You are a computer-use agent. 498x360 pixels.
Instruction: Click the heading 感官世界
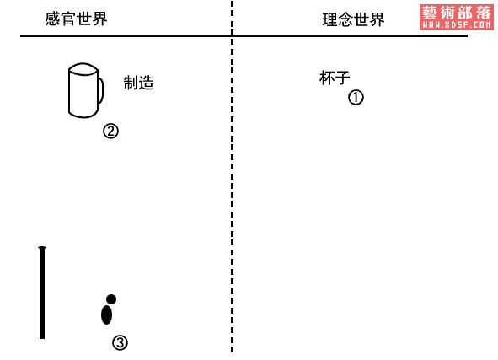pyautogui.click(x=76, y=19)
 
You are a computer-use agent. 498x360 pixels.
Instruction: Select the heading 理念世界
pyautogui.click(x=354, y=19)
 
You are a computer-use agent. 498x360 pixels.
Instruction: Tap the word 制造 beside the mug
pyautogui.click(x=139, y=83)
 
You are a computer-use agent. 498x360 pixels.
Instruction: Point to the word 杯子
pyautogui.click(x=335, y=78)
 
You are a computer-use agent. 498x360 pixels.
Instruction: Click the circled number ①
pyautogui.click(x=356, y=98)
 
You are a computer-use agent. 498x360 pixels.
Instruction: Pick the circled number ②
pyautogui.click(x=110, y=131)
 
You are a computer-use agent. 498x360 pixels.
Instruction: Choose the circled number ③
pyautogui.click(x=120, y=343)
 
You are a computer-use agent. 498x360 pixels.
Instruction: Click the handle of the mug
pyautogui.click(x=102, y=90)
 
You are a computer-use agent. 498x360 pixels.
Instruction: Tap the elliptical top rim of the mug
pyautogui.click(x=83, y=69)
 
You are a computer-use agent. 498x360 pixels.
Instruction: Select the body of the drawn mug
pyautogui.click(x=83, y=95)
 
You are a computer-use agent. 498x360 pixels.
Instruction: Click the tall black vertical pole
pyautogui.click(x=42, y=293)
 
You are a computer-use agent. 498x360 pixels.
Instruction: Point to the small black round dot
pyautogui.click(x=111, y=299)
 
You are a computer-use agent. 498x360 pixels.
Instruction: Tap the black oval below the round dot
pyautogui.click(x=106, y=314)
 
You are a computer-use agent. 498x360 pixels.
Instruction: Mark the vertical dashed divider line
pyautogui.click(x=233, y=177)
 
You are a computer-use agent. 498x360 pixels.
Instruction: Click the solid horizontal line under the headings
pyautogui.click(x=244, y=36)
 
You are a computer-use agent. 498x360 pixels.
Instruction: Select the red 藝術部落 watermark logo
pyautogui.click(x=457, y=18)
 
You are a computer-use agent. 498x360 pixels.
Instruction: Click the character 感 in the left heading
pyautogui.click(x=53, y=19)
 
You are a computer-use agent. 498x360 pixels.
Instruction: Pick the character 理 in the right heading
pyautogui.click(x=330, y=19)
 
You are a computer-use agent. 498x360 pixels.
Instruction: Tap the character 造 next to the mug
pyautogui.click(x=147, y=83)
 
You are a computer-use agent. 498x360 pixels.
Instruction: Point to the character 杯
pyautogui.click(x=327, y=78)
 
